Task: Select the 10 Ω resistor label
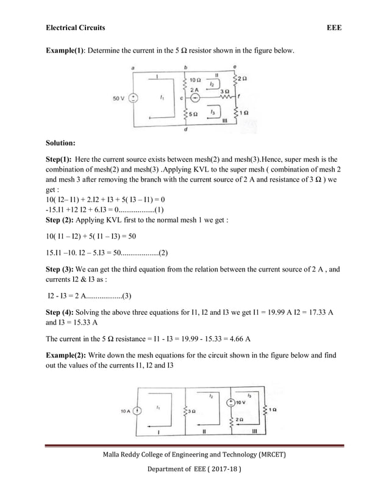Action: click(196, 80)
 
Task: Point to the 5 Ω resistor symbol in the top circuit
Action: click(185, 113)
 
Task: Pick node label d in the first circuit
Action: click(185, 129)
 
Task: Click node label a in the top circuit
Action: click(134, 68)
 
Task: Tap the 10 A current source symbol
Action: click(138, 411)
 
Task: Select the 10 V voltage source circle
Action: click(231, 403)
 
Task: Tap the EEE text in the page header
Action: click(334, 28)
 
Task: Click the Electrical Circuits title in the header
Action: click(76, 28)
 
